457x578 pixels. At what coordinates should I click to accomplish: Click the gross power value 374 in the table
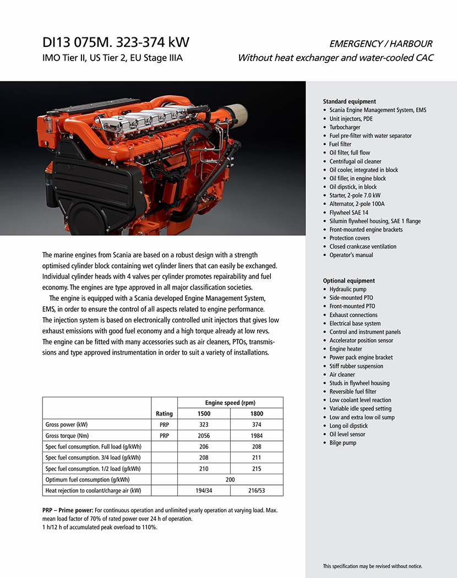tap(257, 425)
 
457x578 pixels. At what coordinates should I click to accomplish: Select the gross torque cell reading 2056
tap(204, 436)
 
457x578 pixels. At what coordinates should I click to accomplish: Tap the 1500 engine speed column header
tap(204, 414)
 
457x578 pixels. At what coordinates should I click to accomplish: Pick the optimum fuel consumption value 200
tap(230, 480)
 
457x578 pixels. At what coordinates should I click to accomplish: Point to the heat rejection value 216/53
tap(257, 491)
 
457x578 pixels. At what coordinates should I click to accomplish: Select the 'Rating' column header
tap(164, 414)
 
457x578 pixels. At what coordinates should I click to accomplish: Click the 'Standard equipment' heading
tap(349, 101)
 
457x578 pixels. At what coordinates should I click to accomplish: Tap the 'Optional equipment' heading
tap(349, 281)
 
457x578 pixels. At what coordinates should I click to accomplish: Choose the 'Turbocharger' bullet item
tap(345, 127)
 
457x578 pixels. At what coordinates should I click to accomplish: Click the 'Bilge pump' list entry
tap(342, 443)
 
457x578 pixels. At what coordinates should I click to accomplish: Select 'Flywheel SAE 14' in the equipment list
tap(349, 213)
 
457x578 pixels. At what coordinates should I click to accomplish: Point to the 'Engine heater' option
tap(346, 349)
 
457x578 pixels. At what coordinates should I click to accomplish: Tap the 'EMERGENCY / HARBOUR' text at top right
tap(380, 44)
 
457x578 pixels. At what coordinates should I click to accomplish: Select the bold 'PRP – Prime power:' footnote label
tap(69, 510)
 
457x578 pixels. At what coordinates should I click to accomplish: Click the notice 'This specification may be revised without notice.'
tap(372, 566)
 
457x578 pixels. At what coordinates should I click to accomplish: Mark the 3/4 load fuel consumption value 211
tap(257, 458)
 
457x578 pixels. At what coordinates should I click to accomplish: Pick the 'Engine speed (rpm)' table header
tap(230, 403)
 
